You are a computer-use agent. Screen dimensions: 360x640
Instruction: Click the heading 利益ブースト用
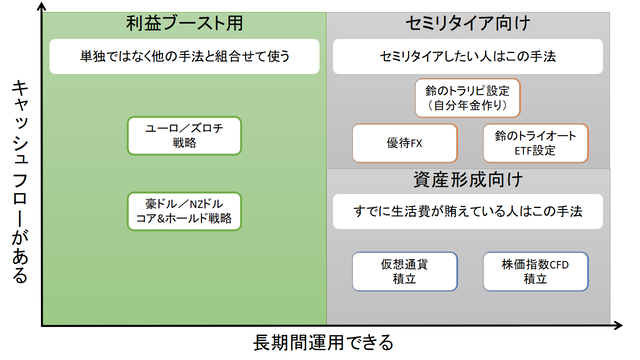[x=185, y=22]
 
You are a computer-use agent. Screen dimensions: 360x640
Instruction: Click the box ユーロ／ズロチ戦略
[x=185, y=135]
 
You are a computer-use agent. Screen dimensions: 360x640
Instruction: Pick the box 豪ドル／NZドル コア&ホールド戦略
[x=185, y=210]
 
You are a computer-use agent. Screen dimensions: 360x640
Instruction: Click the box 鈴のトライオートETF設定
[x=535, y=142]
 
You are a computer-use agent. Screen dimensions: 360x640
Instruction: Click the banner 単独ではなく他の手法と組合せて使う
[x=185, y=56]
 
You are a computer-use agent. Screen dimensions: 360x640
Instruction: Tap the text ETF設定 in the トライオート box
[x=535, y=150]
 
